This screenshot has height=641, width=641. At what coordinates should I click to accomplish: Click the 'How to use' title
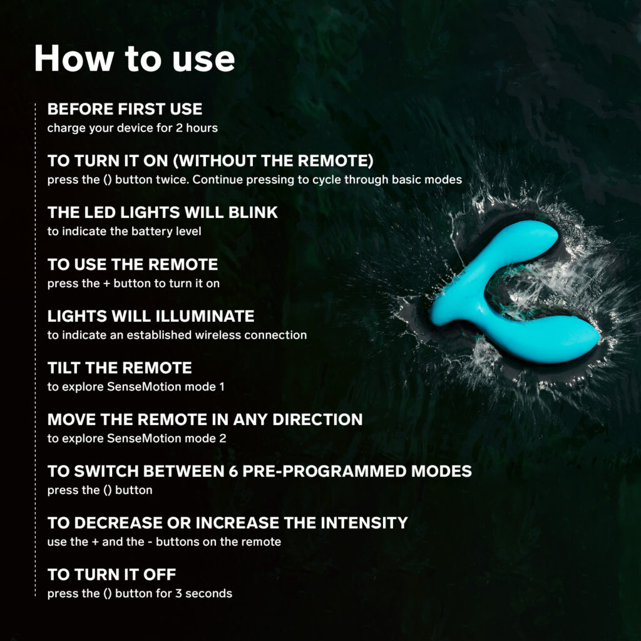point(135,58)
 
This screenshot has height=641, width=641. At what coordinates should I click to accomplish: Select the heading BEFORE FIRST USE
point(125,109)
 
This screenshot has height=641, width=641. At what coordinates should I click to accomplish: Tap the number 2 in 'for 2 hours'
point(179,128)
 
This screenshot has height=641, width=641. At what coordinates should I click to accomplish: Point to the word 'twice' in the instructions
point(172,180)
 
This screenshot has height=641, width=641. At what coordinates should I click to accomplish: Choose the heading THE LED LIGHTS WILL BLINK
point(163,213)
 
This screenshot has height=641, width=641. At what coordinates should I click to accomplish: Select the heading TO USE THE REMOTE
point(133,265)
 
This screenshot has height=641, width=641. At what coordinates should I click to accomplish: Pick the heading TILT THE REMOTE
point(120,368)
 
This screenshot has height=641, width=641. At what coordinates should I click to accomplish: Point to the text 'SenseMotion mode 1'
point(165,387)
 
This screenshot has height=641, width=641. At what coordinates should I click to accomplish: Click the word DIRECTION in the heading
point(317,419)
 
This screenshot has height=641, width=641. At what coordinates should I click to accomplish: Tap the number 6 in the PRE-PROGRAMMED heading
point(233,471)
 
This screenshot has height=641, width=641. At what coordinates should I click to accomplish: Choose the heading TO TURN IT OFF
point(111,575)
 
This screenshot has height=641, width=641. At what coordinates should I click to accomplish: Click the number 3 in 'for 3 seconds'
point(178,593)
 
